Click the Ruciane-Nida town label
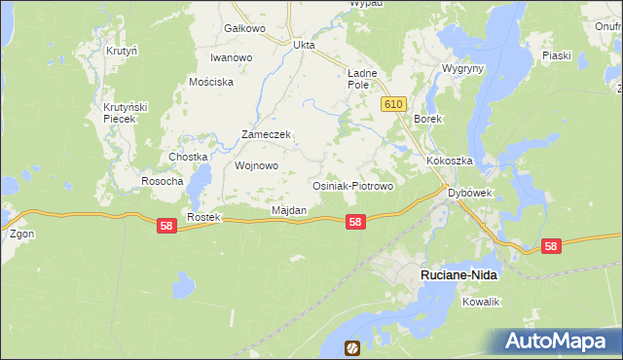pyautogui.click(x=458, y=275)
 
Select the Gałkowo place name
pyautogui.click(x=244, y=28)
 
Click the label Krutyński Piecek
pyautogui.click(x=125, y=112)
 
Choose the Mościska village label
pyautogui.click(x=212, y=83)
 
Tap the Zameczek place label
pyautogui.click(x=267, y=135)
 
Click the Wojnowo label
pyautogui.click(x=257, y=165)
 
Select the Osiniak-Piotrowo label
pyautogui.click(x=351, y=185)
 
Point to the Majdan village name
pyautogui.click(x=289, y=210)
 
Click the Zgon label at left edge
pyautogui.click(x=21, y=234)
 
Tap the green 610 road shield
pyautogui.click(x=393, y=104)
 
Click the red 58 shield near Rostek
pyautogui.click(x=166, y=226)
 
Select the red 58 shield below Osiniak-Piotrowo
pyautogui.click(x=356, y=222)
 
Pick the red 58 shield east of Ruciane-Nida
pyautogui.click(x=552, y=247)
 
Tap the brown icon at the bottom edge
pyautogui.click(x=351, y=347)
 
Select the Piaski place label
pyautogui.click(x=557, y=55)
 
